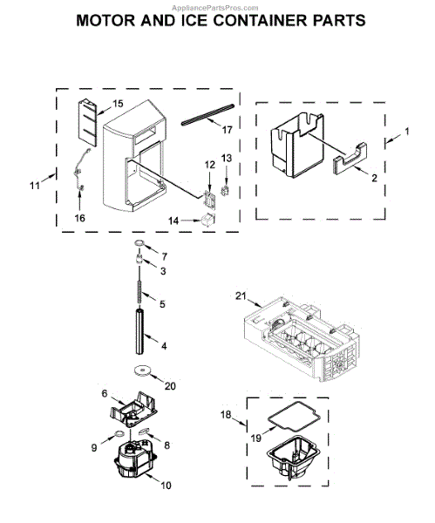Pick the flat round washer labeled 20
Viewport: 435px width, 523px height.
coord(141,371)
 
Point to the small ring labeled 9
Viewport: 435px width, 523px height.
coord(118,432)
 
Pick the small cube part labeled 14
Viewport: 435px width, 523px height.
coord(208,221)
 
